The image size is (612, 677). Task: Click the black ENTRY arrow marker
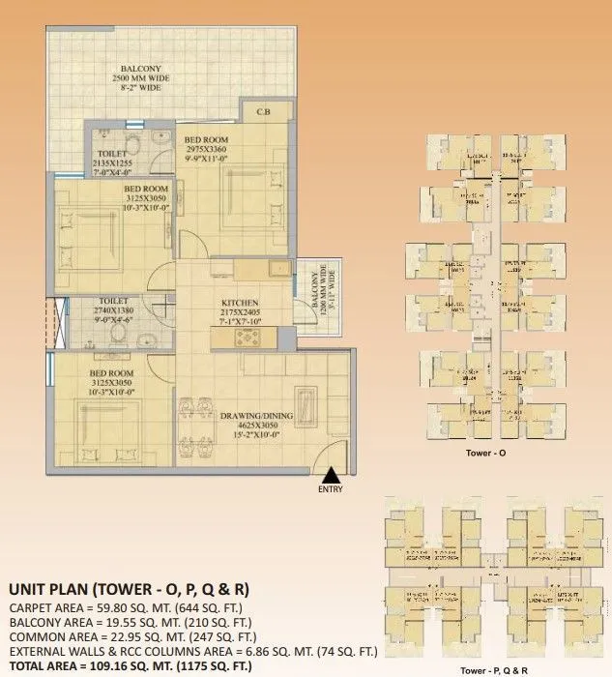(x=330, y=474)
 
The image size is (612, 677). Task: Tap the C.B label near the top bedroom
(x=263, y=113)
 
